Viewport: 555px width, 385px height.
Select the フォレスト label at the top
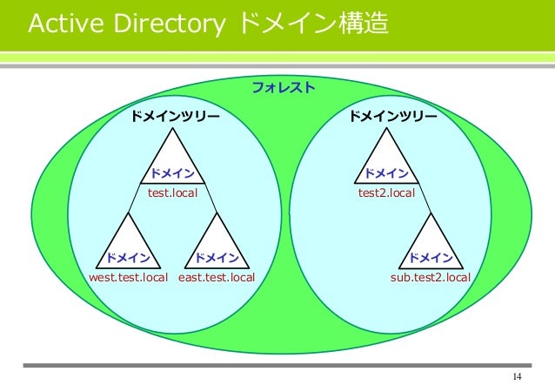[x=283, y=88]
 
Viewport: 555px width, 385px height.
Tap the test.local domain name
[x=171, y=192]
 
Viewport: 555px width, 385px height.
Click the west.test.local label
[x=128, y=278]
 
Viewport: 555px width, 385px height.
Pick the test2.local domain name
[x=386, y=192]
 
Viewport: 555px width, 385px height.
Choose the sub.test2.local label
[x=430, y=278]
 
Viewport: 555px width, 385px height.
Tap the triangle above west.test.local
[x=127, y=244]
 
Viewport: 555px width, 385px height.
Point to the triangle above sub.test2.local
[x=431, y=244]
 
